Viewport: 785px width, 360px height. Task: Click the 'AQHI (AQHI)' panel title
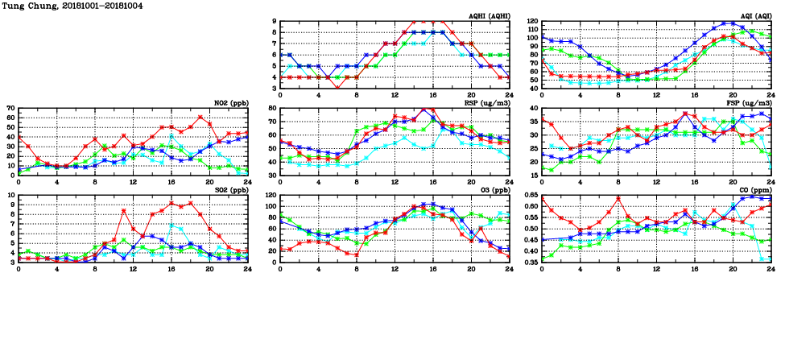click(490, 16)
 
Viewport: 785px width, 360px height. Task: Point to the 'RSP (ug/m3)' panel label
click(491, 103)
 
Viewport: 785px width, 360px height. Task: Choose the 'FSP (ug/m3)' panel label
click(752, 103)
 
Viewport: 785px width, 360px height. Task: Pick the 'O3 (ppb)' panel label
click(493, 190)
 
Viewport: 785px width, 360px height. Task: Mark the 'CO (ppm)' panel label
click(754, 190)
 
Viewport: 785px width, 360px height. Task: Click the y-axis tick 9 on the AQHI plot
click(275, 22)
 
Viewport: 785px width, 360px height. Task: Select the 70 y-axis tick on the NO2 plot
click(10, 108)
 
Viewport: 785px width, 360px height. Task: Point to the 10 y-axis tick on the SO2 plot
click(10, 195)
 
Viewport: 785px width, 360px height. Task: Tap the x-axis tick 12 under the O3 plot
click(395, 268)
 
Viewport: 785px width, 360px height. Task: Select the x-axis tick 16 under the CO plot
click(695, 268)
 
